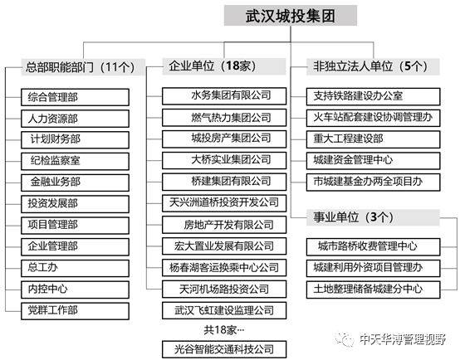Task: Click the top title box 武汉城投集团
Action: [291, 16]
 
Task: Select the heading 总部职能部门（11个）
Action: [83, 67]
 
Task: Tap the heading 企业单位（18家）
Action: [224, 66]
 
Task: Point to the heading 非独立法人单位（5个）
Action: [373, 66]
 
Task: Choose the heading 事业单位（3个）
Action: [373, 217]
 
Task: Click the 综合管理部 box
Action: [75, 97]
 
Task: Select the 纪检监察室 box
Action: [75, 161]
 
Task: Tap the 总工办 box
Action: [75, 268]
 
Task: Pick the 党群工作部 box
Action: [75, 311]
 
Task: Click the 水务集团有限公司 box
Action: [224, 96]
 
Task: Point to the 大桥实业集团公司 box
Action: [224, 160]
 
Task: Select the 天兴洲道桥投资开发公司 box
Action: [224, 203]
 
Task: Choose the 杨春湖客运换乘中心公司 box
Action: [224, 268]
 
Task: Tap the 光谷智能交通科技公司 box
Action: [224, 349]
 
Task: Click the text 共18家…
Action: [224, 330]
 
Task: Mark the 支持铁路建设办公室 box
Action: [373, 96]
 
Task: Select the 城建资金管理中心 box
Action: [373, 161]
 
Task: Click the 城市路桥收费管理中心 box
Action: [373, 247]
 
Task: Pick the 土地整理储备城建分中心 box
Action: [373, 289]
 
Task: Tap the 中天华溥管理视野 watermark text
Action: [402, 339]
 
